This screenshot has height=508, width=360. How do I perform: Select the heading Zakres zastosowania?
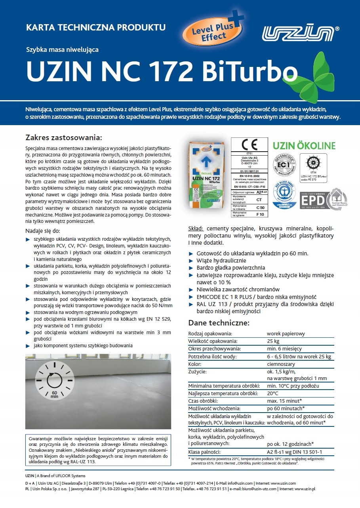coord(63,138)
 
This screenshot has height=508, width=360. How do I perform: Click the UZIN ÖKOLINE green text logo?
coord(304,146)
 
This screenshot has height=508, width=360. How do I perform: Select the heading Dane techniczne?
coord(219,323)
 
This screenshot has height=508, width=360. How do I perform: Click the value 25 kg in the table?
coord(273,341)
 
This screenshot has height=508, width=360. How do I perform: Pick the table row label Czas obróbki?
coord(204,401)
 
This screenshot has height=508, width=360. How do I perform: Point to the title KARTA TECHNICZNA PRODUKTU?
coord(95,28)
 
